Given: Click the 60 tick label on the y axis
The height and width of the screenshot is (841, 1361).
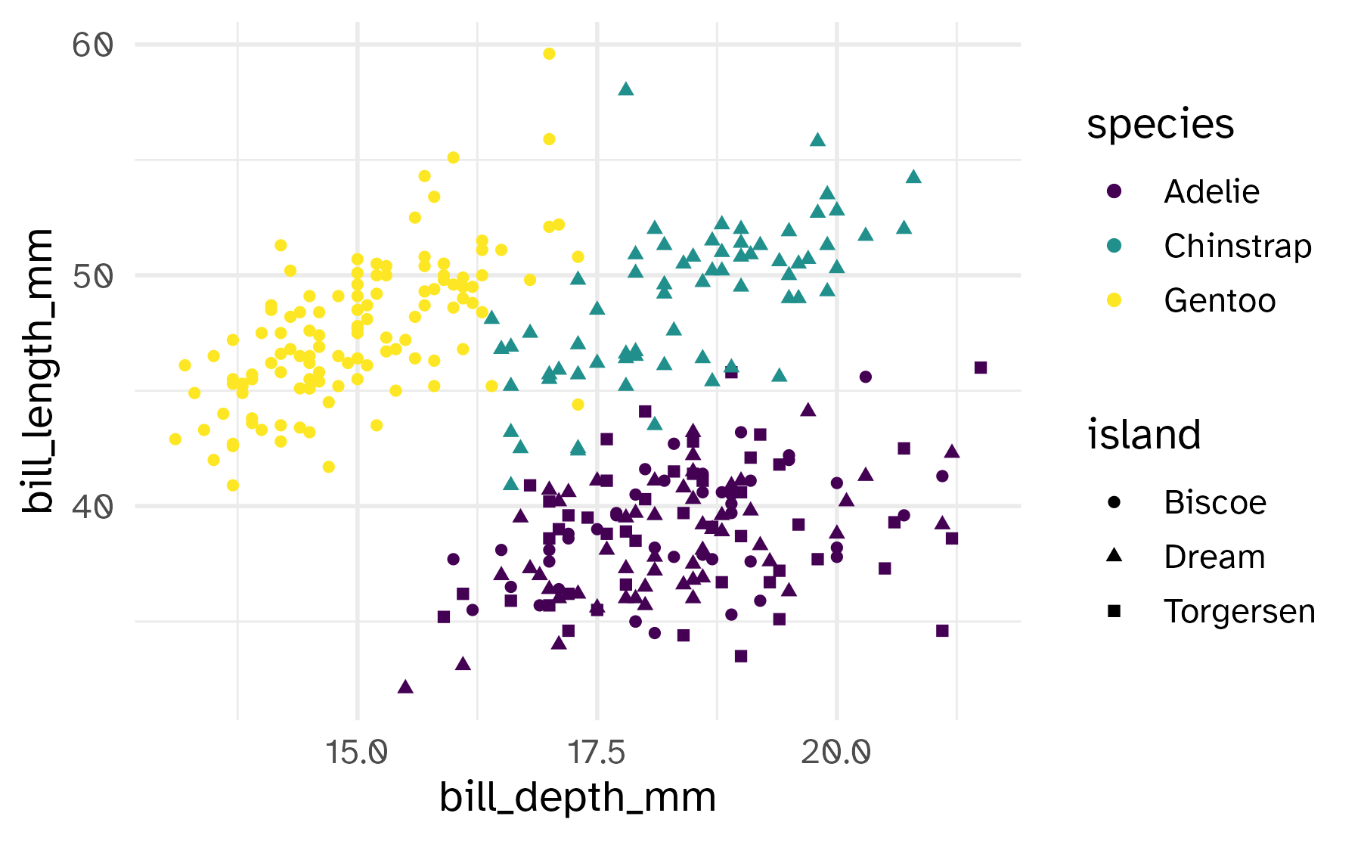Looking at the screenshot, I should (92, 45).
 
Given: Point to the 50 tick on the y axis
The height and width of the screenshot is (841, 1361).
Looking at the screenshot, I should (92, 276).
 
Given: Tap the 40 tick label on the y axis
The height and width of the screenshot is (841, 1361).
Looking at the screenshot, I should (92, 507).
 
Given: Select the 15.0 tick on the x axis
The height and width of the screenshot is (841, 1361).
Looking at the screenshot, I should (357, 752).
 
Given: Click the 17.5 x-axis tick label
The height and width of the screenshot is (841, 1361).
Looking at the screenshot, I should (597, 752).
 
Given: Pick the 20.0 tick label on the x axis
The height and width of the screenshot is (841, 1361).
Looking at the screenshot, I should (836, 752).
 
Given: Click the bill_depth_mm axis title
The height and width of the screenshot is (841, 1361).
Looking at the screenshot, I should (578, 798).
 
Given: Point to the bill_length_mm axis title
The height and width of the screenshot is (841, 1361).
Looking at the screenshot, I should (38, 371).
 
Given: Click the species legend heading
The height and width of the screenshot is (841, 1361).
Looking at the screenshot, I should (1160, 124).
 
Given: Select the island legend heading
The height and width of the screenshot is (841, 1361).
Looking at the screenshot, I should (1144, 435).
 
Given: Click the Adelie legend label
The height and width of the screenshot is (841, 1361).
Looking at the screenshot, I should (1211, 192).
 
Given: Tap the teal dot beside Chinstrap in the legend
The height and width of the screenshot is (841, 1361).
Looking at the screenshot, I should (1114, 246).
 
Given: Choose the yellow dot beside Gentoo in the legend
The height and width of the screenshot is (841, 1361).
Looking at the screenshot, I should (1114, 300).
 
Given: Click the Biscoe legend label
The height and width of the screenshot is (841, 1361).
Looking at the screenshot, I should (1214, 503).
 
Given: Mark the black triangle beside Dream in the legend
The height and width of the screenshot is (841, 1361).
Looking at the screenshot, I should (1114, 556).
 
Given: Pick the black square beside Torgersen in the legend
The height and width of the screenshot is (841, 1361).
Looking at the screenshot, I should (1114, 611).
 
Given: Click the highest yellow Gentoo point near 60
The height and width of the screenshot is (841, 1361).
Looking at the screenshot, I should (549, 54).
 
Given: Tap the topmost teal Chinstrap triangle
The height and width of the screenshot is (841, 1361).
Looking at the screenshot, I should (625, 89).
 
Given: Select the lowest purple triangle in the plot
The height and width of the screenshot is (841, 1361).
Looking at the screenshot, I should (405, 687).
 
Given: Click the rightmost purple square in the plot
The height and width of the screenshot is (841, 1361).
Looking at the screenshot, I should (981, 368).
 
